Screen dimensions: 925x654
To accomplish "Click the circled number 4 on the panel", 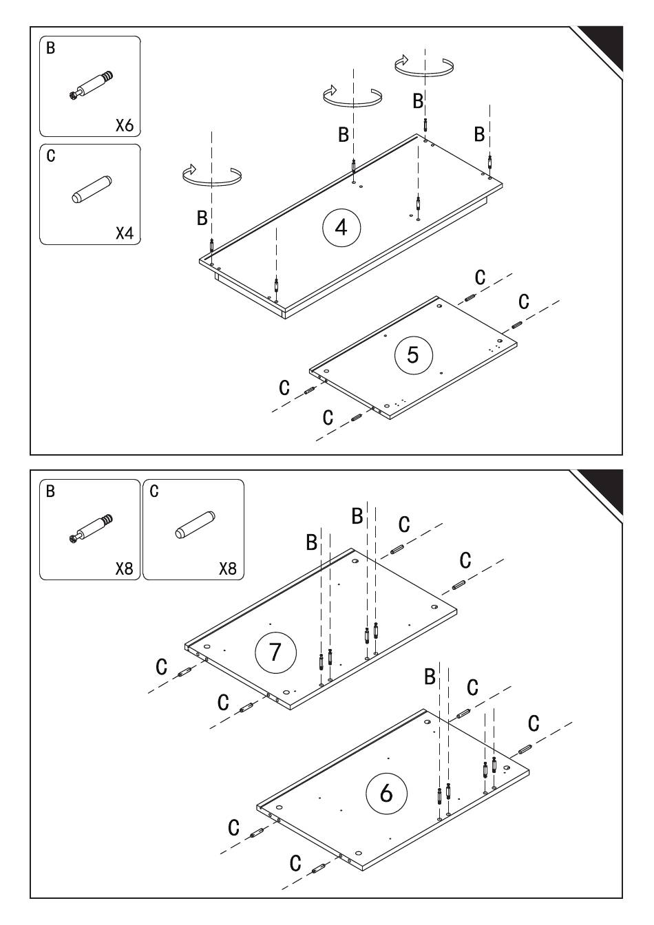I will pyautogui.click(x=341, y=226).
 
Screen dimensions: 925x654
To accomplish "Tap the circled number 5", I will pyautogui.click(x=413, y=354).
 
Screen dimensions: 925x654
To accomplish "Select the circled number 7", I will pyautogui.click(x=275, y=651).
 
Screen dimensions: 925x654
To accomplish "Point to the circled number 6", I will pyautogui.click(x=386, y=793).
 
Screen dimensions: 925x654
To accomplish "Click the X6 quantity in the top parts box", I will pyautogui.click(x=124, y=125).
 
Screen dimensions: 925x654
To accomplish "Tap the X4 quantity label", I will pyautogui.click(x=124, y=233).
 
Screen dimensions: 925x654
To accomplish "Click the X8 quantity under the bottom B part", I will pyautogui.click(x=124, y=569).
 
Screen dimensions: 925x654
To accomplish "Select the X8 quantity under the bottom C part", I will pyautogui.click(x=227, y=569).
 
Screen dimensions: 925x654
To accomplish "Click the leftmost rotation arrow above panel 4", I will pyautogui.click(x=212, y=175).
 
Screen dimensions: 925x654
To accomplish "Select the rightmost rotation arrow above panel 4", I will pyautogui.click(x=424, y=65).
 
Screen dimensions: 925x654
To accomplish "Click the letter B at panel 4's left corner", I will pyautogui.click(x=202, y=219).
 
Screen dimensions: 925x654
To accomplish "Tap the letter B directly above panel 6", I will pyautogui.click(x=430, y=677).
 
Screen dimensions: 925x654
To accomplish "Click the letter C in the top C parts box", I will pyautogui.click(x=51, y=156).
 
